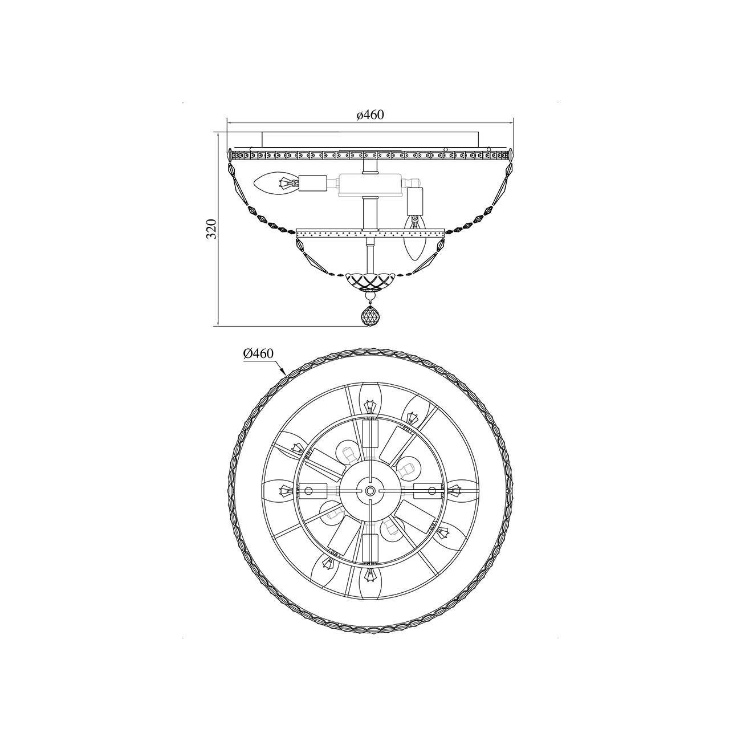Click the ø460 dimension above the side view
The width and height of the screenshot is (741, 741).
pyautogui.click(x=370, y=115)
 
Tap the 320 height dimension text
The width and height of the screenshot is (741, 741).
pyautogui.click(x=211, y=229)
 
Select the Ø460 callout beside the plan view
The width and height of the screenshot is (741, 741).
pyautogui.click(x=258, y=353)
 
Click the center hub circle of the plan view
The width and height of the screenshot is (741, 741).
pyautogui.click(x=370, y=490)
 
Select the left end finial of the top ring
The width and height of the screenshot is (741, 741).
pyautogui.click(x=230, y=156)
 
